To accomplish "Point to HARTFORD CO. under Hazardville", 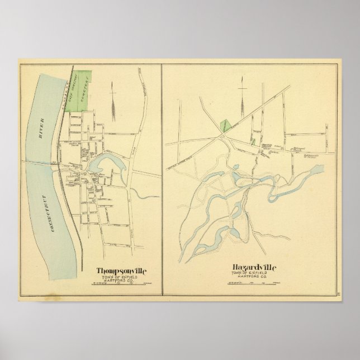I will click(x=252, y=278).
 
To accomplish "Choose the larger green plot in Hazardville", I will click(x=224, y=125).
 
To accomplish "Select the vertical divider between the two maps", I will click(x=162, y=179).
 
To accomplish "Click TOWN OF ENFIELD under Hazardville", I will click(x=252, y=274).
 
